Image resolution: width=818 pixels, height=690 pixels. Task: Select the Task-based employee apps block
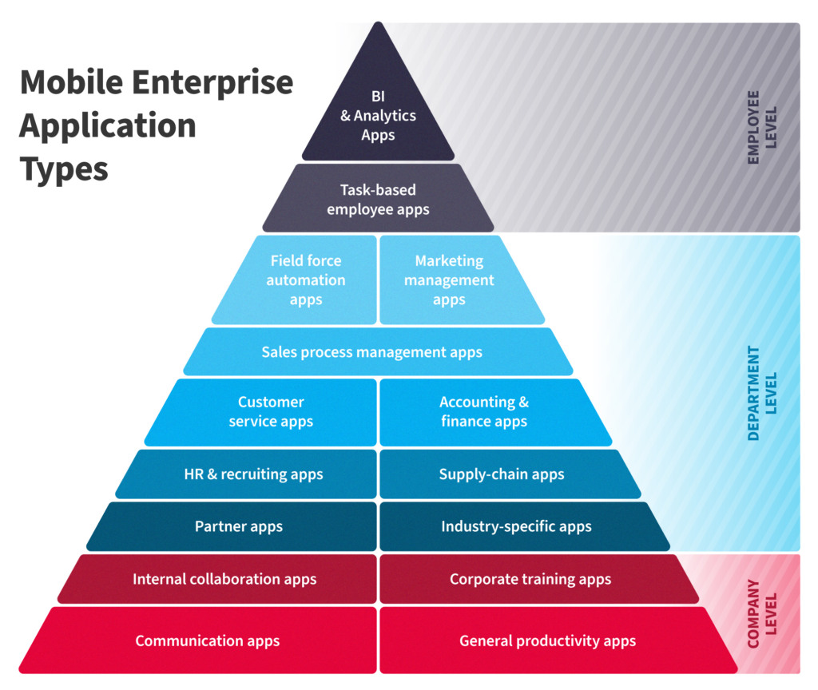tap(378, 198)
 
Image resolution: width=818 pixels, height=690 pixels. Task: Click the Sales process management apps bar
tap(378, 351)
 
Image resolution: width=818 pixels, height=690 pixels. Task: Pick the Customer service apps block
tap(265, 412)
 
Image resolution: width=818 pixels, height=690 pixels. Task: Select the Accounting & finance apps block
tap(491, 412)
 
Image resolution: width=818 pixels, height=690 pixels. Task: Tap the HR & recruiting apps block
tap(250, 474)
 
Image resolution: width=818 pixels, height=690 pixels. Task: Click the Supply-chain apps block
tap(506, 474)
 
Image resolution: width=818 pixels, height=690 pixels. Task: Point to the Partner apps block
tap(236, 526)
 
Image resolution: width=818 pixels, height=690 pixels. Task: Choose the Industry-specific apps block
tap(521, 526)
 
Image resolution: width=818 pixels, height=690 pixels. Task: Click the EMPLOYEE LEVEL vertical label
tap(762, 127)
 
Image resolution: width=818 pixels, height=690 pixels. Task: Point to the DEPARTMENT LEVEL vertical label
tap(762, 393)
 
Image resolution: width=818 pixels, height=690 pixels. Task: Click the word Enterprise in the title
tap(212, 83)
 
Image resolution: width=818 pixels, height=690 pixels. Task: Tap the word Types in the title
tap(64, 170)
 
